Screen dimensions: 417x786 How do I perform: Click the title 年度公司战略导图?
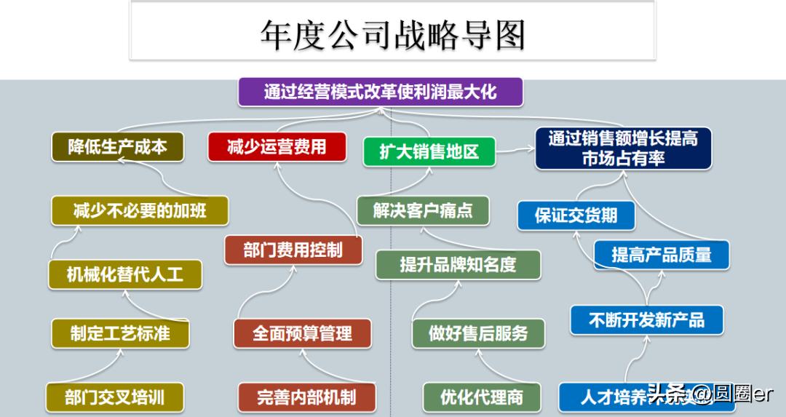click(392, 33)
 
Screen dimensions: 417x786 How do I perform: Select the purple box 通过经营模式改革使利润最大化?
click(380, 92)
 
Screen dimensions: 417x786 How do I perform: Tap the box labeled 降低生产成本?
click(117, 147)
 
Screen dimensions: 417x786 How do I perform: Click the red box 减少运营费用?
click(277, 147)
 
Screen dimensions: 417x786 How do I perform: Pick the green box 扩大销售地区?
click(429, 152)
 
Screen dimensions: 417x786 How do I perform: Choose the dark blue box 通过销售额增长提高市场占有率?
click(623, 148)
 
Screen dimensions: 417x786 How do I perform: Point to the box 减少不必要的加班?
click(140, 211)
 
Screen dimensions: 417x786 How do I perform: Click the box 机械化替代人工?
click(124, 275)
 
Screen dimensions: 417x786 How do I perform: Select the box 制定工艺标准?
click(120, 333)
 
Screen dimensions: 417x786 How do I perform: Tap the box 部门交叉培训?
click(114, 397)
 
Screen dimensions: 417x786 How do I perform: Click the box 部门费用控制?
click(293, 250)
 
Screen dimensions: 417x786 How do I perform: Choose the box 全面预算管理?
click(302, 333)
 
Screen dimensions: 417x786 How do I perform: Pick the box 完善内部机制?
click(306, 397)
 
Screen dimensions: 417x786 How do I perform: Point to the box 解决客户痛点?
click(423, 211)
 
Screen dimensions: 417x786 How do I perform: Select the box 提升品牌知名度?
click(458, 265)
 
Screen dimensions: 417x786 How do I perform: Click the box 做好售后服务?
click(477, 333)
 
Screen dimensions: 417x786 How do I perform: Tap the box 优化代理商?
click(482, 397)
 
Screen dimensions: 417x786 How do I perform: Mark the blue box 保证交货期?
click(576, 215)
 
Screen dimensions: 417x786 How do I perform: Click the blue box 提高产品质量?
click(661, 254)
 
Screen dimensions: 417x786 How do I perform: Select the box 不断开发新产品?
click(646, 320)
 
